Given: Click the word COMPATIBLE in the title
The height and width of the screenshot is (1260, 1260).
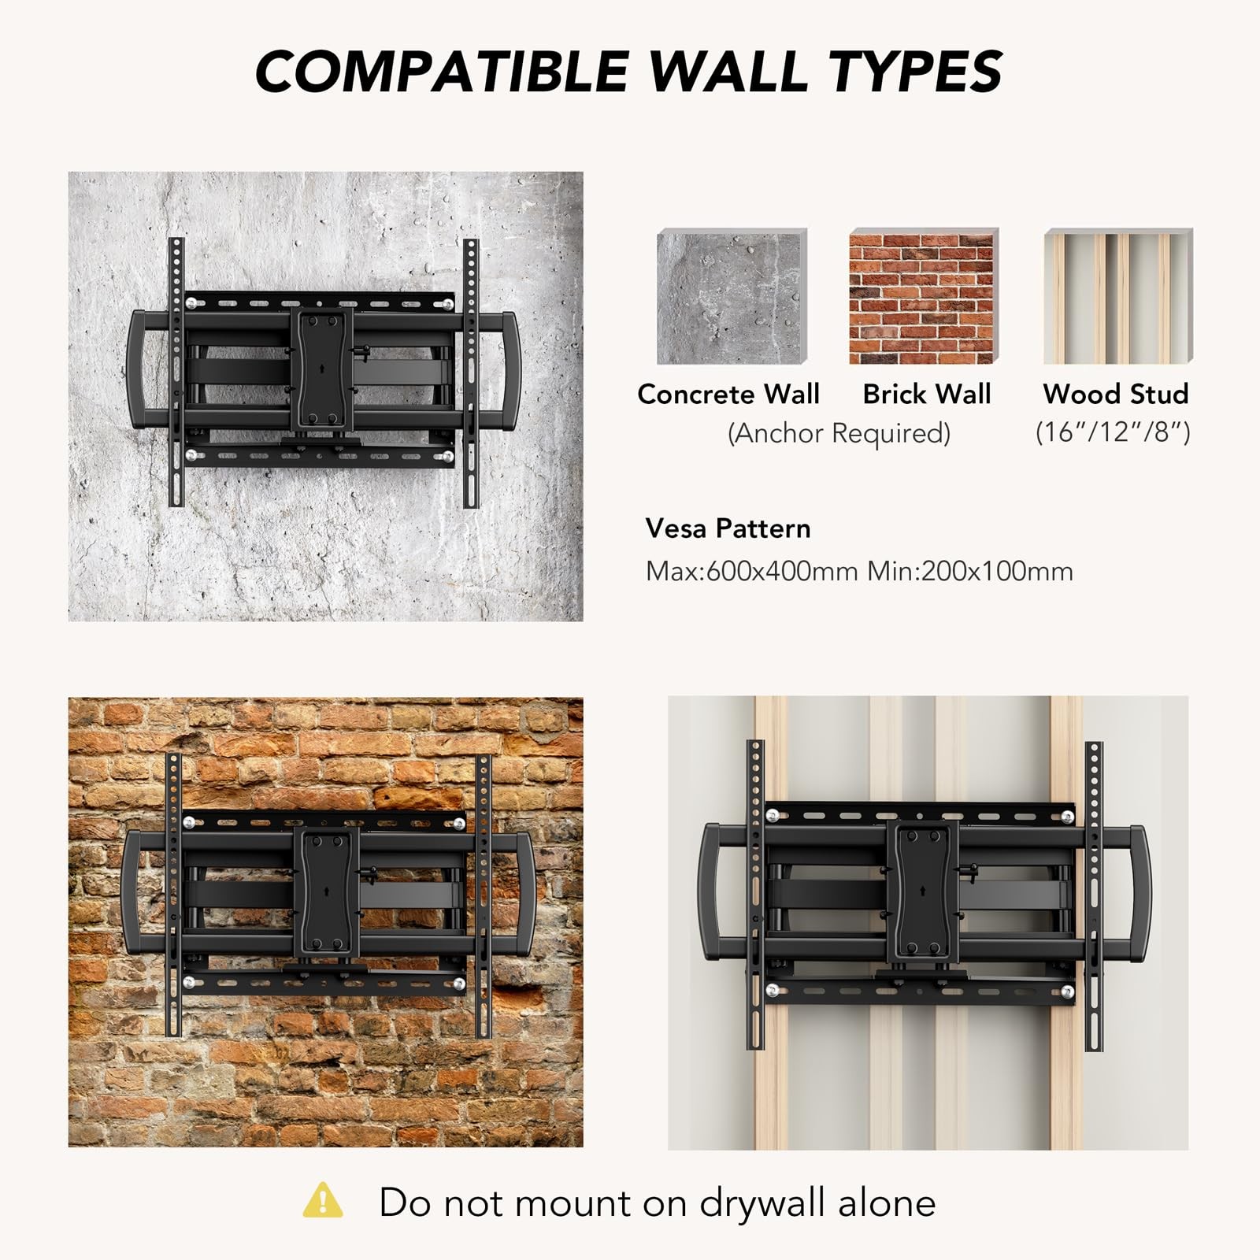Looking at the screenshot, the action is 441,72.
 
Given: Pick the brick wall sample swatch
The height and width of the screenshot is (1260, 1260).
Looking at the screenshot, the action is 924,296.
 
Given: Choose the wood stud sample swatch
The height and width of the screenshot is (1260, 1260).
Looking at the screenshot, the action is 1118,296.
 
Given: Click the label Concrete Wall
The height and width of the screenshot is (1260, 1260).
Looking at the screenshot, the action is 728,394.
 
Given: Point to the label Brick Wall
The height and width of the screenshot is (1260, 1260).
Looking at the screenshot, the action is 927,394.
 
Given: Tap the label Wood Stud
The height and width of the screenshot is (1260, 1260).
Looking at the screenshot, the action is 1116,394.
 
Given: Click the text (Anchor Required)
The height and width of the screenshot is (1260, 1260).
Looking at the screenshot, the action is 839,433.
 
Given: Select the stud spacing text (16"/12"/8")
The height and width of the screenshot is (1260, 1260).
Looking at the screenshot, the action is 1113,432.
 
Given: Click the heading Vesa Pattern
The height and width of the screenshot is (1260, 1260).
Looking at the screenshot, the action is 728,528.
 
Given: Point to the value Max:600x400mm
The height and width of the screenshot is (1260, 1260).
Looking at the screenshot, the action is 752,571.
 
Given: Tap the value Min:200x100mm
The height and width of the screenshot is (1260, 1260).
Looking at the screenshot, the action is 970,571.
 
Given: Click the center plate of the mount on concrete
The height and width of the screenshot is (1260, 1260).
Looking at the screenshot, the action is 323,369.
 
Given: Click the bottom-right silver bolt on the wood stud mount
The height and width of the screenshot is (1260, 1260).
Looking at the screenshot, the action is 1068,991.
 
